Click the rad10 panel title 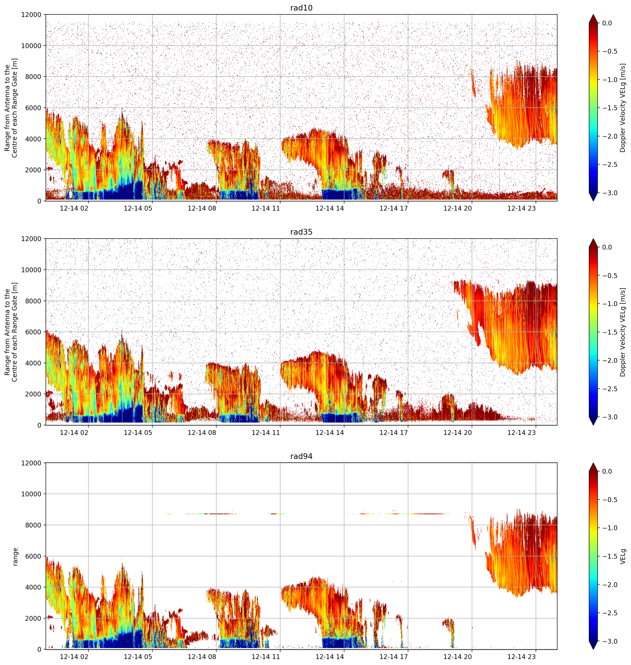tap(301, 8)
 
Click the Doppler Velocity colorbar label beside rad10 tap(623, 108)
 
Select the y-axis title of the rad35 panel tap(11, 332)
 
